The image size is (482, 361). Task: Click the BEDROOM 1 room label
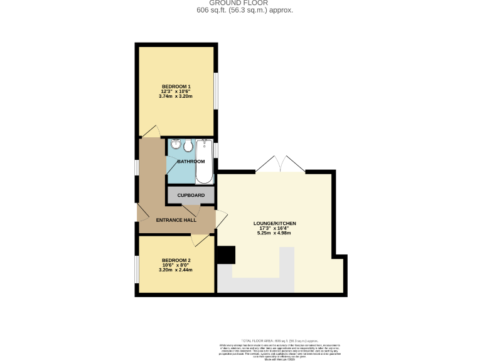tap(176, 86)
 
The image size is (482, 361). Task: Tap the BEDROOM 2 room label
tap(176, 260)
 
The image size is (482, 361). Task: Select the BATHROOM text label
tap(191, 162)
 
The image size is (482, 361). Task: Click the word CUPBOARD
tap(191, 196)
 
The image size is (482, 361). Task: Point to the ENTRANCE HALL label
tap(176, 220)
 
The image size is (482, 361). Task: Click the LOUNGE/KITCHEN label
tap(274, 223)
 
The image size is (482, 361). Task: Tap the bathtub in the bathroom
tap(204, 162)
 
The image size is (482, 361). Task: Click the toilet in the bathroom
tap(188, 146)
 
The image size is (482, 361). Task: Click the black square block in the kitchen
tap(225, 255)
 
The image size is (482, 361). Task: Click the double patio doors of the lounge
tap(280, 164)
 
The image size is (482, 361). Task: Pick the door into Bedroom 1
tap(151, 132)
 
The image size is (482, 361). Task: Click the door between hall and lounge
tap(220, 219)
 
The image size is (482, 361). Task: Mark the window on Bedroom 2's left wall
tap(137, 268)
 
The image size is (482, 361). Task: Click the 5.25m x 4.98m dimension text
tap(274, 233)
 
